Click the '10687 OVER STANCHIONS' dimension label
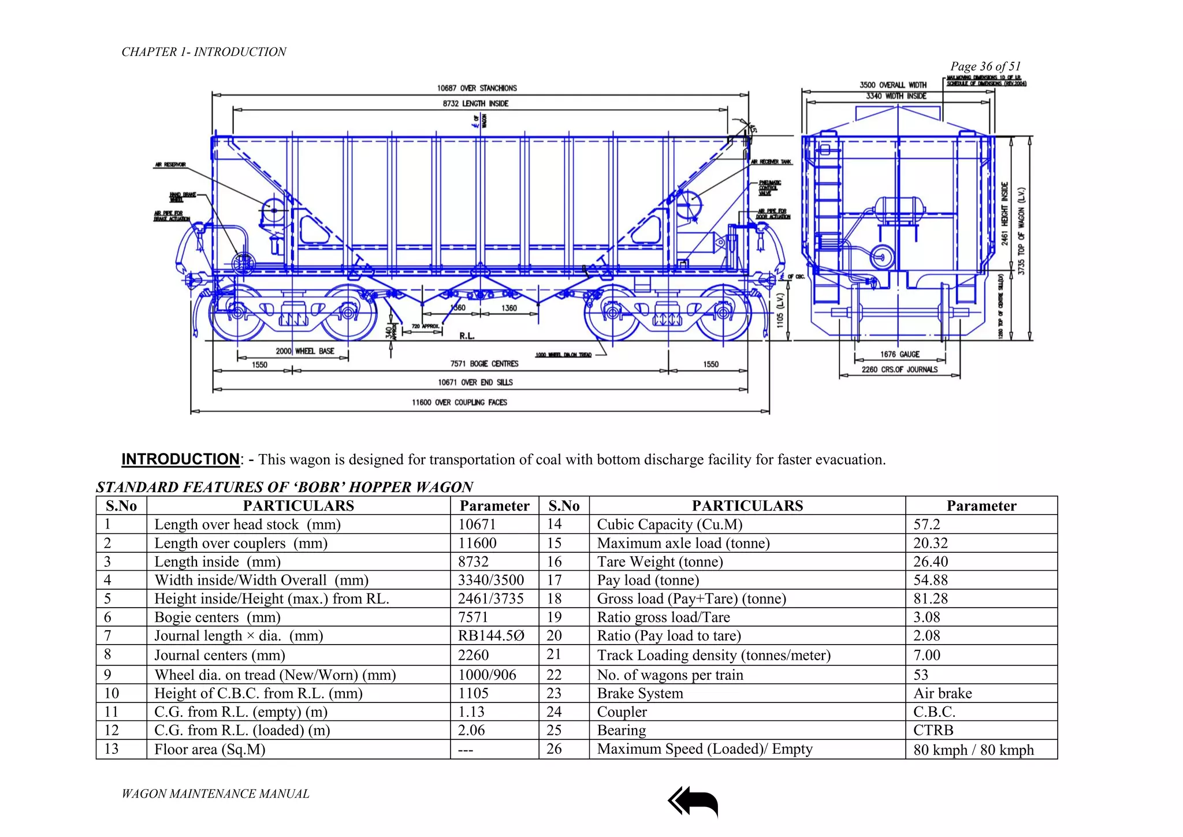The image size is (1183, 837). pos(477,88)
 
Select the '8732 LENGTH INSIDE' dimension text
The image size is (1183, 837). pos(475,104)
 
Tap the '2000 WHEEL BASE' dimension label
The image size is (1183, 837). pos(304,351)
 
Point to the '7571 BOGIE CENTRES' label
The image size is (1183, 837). pos(484,364)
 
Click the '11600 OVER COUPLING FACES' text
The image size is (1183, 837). pos(459,403)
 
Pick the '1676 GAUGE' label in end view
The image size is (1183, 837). pos(900,355)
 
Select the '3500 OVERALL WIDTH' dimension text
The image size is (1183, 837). pos(892,85)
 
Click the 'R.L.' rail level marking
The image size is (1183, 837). pos(467,336)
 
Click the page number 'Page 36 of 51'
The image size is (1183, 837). pos(985,66)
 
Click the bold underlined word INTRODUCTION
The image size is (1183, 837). pos(180,459)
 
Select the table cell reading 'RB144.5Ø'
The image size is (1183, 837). pos(491,636)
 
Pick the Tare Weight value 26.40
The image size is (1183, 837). pos(931,562)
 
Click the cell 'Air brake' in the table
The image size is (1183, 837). pos(943,694)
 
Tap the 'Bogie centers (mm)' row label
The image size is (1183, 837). pos(217,617)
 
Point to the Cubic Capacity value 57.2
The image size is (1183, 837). pos(927,524)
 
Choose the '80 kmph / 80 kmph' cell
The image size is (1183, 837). pos(973,750)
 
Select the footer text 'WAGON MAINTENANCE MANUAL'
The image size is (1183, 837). pos(215,794)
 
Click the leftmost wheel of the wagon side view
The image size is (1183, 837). pos(237,313)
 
